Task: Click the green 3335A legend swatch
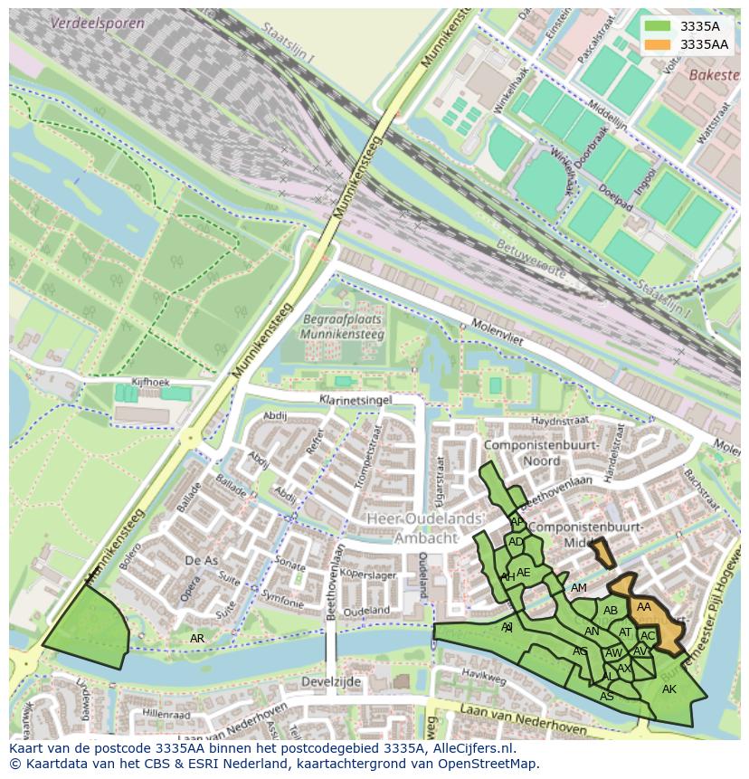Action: (658, 26)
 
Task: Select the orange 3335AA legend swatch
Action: (658, 44)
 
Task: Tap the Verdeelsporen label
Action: (98, 23)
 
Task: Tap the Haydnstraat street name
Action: (559, 421)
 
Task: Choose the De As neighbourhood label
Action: (201, 561)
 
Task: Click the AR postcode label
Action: (197, 639)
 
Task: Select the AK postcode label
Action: (668, 689)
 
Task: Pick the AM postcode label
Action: (579, 588)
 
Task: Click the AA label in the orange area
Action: (644, 607)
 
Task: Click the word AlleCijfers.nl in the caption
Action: (473, 748)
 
